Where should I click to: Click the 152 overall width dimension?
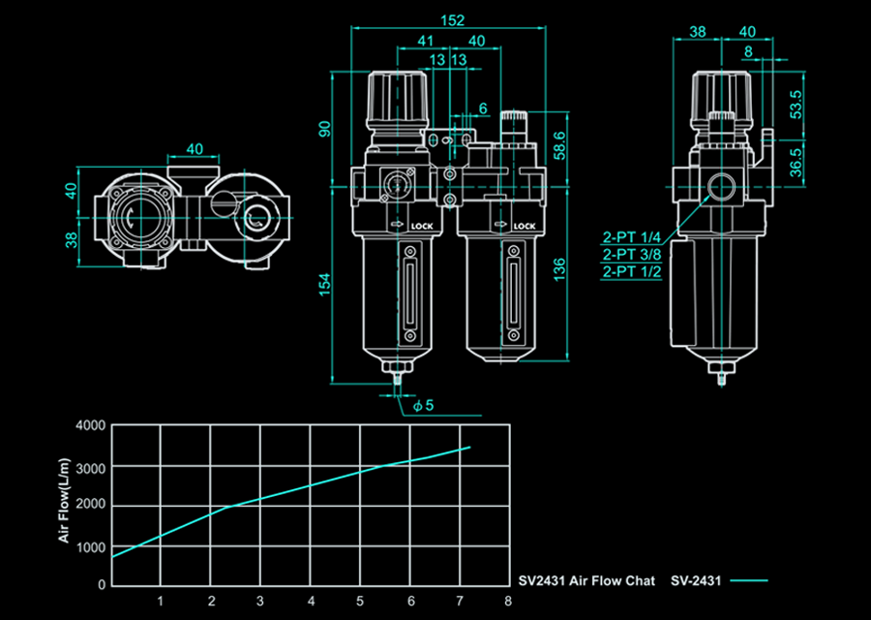452,20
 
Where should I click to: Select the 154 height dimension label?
324,284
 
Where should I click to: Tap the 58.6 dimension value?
559,145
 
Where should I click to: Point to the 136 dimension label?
559,269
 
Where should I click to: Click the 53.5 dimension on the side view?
796,104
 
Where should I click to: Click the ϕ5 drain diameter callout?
423,406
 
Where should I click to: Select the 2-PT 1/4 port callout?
632,237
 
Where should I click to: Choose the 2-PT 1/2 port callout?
632,271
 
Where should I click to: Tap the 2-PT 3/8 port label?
632,255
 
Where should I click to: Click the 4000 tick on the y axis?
91,426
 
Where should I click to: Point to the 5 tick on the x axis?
360,601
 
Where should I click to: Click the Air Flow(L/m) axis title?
65,501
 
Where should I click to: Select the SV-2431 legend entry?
696,581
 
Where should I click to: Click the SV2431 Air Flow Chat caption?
586,581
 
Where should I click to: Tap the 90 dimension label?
324,129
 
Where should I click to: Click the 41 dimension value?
425,41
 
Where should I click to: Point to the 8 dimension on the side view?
748,51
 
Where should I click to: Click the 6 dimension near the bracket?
483,108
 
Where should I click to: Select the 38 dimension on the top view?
71,240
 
